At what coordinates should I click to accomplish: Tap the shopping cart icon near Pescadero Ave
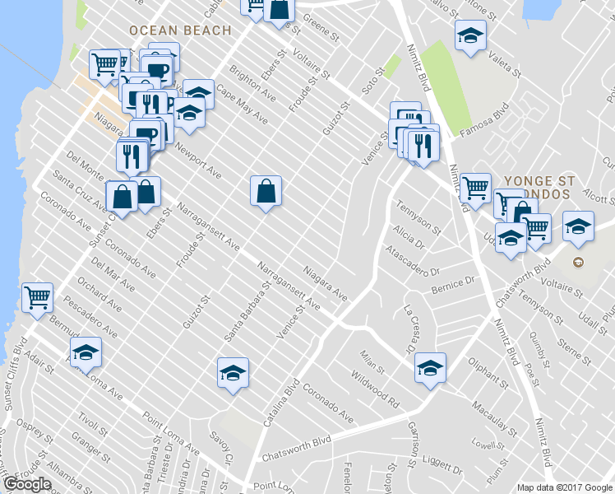point(37,297)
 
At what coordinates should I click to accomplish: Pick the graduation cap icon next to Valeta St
point(470,35)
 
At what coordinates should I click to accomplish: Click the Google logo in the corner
point(27,484)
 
